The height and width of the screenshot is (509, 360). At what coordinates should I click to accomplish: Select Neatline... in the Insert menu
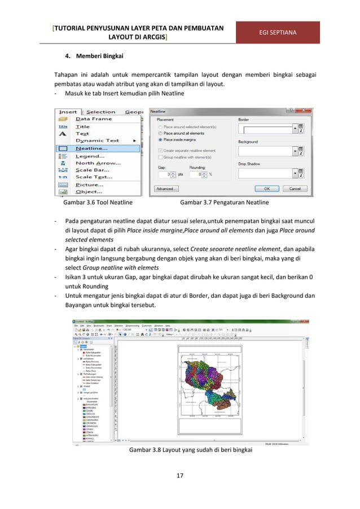pyautogui.click(x=92, y=148)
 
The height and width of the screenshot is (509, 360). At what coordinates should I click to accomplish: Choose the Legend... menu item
pyautogui.click(x=90, y=156)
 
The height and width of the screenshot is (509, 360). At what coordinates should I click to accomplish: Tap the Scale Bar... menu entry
pyautogui.click(x=93, y=170)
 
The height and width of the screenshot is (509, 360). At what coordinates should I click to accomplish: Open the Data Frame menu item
pyautogui.click(x=94, y=119)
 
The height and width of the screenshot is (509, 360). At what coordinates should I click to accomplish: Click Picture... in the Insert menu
pyautogui.click(x=90, y=185)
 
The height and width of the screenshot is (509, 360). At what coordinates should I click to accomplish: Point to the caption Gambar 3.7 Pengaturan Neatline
pyautogui.click(x=224, y=202)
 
